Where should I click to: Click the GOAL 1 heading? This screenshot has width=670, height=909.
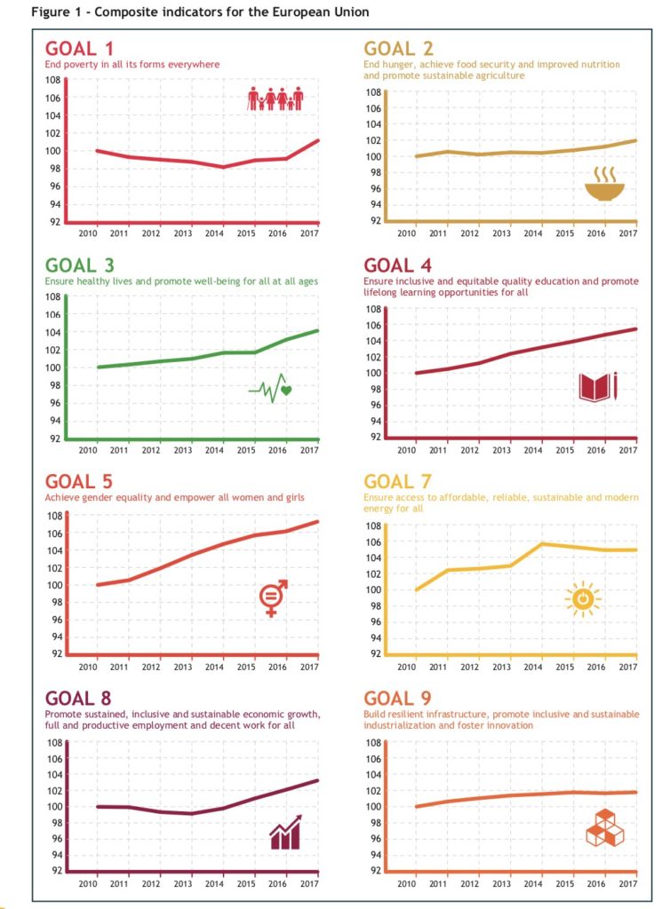tap(79, 49)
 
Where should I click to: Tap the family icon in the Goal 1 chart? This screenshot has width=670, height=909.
tap(275, 99)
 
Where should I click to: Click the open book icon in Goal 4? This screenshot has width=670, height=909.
tap(597, 387)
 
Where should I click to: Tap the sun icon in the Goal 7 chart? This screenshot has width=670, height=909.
tap(583, 600)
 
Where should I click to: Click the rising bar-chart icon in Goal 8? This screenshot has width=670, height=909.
tap(285, 833)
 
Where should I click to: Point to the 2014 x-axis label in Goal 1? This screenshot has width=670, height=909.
tap(214, 233)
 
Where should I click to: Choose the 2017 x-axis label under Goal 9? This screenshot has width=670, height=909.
tap(627, 883)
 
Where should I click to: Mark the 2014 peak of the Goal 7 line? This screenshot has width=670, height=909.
tap(542, 543)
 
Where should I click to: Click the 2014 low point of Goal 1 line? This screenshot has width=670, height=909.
tap(224, 167)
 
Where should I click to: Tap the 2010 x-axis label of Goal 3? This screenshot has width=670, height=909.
tap(87, 451)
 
